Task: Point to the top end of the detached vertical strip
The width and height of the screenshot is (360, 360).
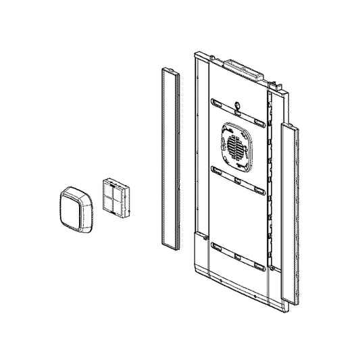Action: (x=169, y=70)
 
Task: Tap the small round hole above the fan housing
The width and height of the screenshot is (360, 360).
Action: (x=238, y=105)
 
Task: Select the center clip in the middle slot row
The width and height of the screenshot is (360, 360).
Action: (x=237, y=180)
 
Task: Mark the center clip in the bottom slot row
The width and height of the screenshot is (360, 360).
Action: (x=236, y=257)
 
